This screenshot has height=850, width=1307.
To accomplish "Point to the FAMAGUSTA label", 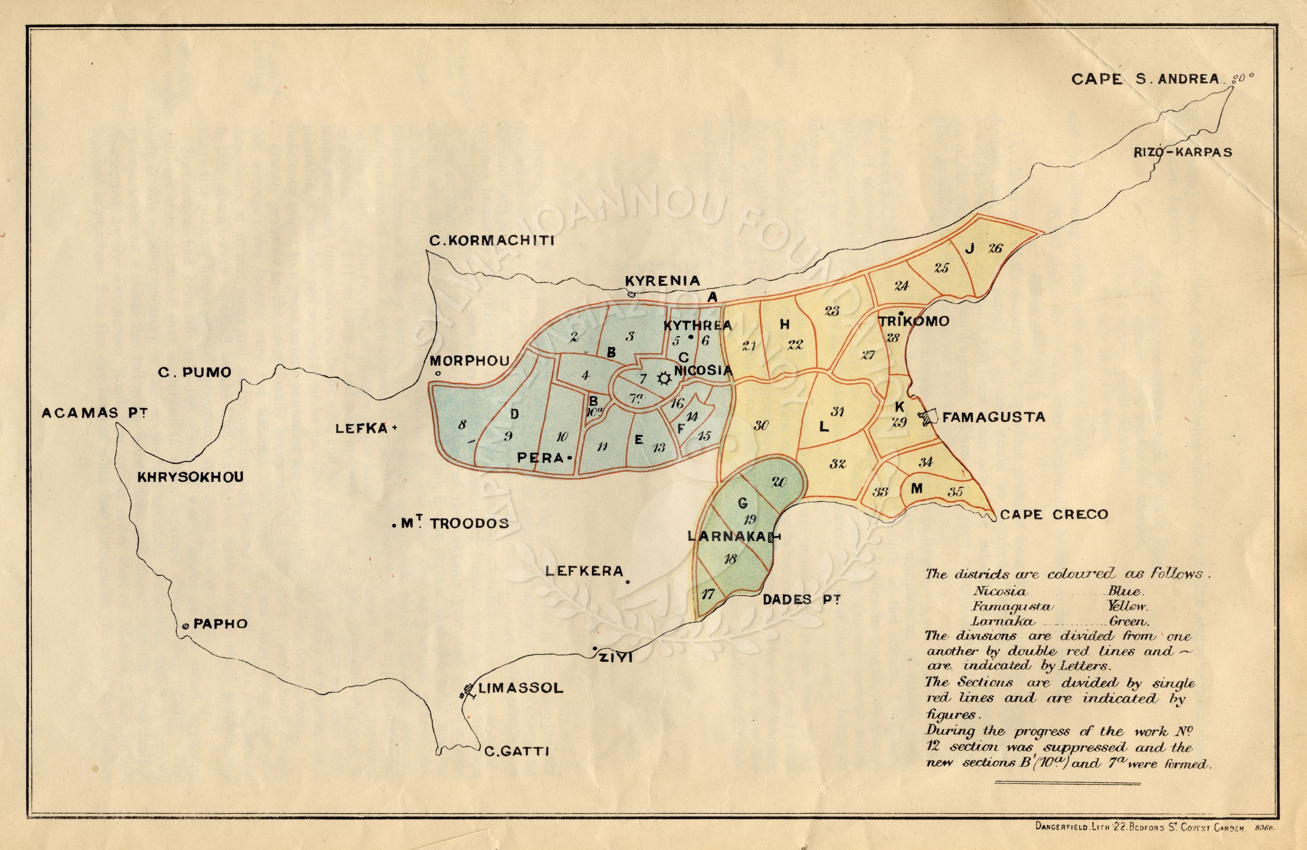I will pyautogui.click(x=993, y=417).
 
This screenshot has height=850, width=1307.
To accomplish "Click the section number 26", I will pyautogui.click(x=995, y=248).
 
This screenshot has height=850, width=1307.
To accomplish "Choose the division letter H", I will pyautogui.click(x=785, y=325).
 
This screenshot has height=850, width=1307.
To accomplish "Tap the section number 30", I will pyautogui.click(x=761, y=425).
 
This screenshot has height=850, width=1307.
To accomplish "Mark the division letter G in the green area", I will pyautogui.click(x=743, y=502).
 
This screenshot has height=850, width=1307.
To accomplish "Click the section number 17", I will pyautogui.click(x=708, y=594).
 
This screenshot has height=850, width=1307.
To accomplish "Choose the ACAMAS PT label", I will pyautogui.click(x=94, y=412).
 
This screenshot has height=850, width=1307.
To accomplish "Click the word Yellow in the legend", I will pyautogui.click(x=1128, y=607).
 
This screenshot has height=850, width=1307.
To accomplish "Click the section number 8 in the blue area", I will pyautogui.click(x=462, y=425).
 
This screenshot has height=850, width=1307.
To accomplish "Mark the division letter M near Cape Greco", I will pyautogui.click(x=917, y=488).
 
